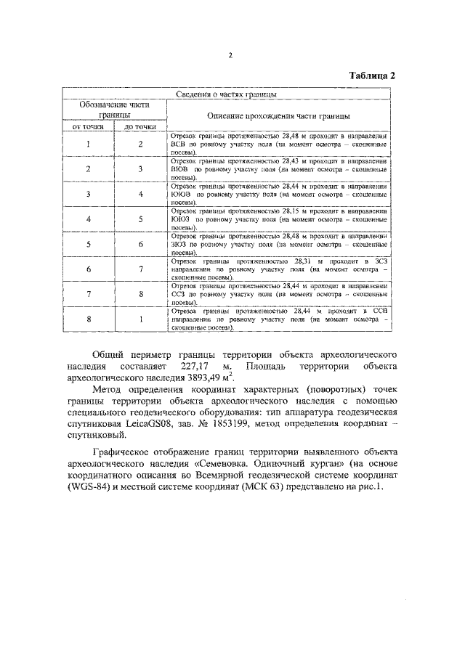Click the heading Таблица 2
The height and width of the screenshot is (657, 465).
click(372, 76)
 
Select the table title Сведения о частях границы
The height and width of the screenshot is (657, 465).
click(226, 94)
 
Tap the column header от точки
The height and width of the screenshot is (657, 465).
click(87, 126)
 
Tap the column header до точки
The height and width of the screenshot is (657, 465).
click(140, 126)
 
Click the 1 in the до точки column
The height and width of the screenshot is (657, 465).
click(141, 318)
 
